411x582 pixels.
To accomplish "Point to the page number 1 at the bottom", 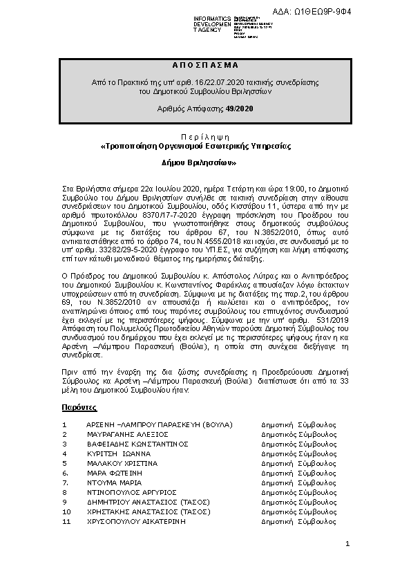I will tap(347, 545).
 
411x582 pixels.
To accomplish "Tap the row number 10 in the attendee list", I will tap(66, 511).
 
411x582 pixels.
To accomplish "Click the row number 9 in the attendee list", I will tap(64, 502).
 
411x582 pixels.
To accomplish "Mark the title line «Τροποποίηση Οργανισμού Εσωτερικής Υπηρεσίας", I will tap(196, 147).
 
